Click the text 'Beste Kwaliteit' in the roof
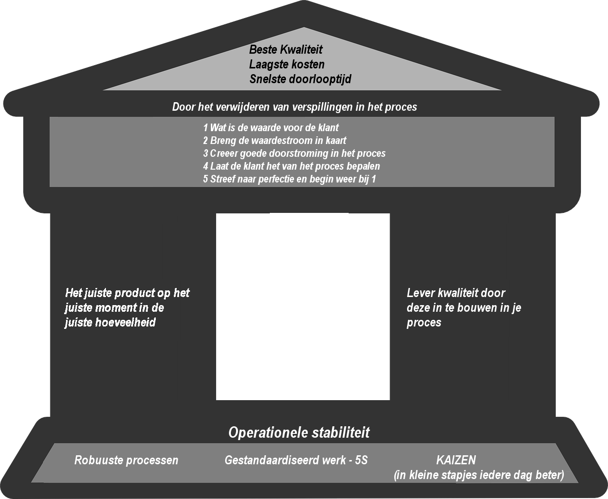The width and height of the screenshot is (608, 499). (285, 49)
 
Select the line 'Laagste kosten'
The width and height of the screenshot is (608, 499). (287, 64)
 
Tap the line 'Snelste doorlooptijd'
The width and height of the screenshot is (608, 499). (300, 79)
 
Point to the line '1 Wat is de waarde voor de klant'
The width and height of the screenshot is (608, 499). (271, 127)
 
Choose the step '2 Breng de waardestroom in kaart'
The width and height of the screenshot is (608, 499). (275, 141)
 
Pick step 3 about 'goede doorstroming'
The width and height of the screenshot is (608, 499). (294, 154)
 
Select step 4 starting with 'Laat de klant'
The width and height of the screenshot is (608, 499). (292, 166)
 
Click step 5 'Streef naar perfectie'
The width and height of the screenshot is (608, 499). (290, 179)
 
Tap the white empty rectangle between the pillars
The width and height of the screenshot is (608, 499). (303, 307)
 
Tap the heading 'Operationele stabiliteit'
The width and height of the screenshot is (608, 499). (299, 432)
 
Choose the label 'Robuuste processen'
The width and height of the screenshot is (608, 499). (126, 460)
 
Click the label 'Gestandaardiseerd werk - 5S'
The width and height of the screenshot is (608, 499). (296, 460)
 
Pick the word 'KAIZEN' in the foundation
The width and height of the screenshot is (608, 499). (456, 460)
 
